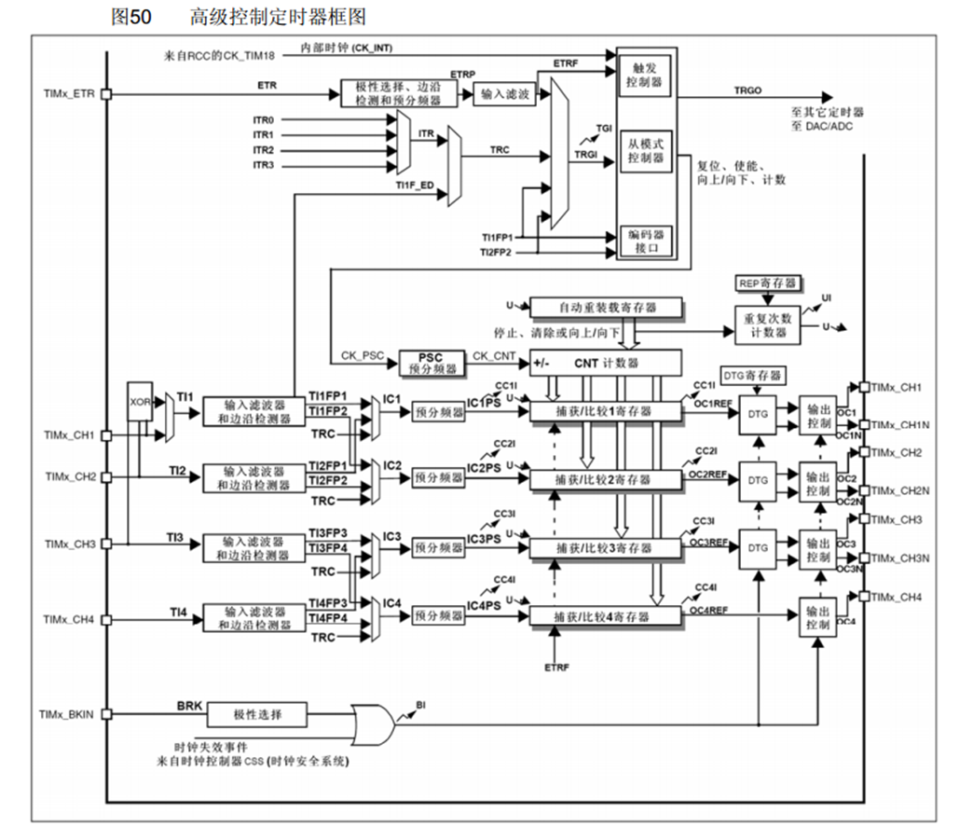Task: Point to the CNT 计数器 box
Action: [x=605, y=361]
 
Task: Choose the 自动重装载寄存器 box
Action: [x=605, y=306]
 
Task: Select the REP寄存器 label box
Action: [x=766, y=282]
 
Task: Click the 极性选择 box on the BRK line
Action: [x=256, y=715]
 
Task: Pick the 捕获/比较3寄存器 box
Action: [x=605, y=547]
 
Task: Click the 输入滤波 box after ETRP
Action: [x=505, y=94]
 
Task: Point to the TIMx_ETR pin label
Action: [x=68, y=94]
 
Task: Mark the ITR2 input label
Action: [x=264, y=150]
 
